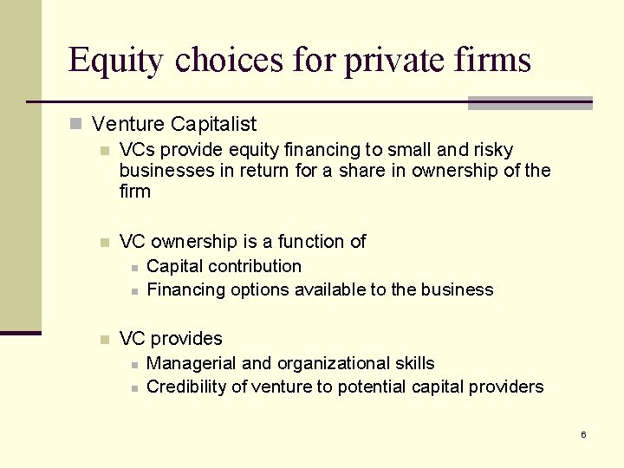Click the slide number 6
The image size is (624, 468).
click(583, 434)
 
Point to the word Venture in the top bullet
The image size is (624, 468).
click(128, 125)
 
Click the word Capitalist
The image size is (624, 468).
click(213, 125)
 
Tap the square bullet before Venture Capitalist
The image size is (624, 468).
click(78, 126)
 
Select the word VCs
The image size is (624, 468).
click(138, 150)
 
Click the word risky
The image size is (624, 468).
click(491, 150)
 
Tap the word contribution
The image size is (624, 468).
click(256, 266)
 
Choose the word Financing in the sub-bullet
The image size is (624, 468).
click(186, 289)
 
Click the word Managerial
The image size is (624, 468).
click(193, 363)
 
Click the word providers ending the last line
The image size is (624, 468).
click(506, 387)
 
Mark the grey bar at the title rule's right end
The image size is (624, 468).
click(530, 103)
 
